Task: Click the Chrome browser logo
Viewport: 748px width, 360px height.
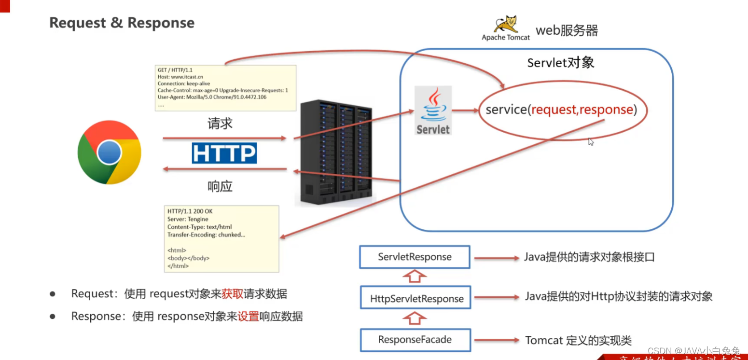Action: pos(110,152)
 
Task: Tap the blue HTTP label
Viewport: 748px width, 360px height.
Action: pos(224,153)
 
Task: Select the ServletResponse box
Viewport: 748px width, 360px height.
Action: pos(415,257)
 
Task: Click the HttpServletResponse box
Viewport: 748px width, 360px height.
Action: pos(416,298)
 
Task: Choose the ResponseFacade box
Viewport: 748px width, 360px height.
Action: pos(415,339)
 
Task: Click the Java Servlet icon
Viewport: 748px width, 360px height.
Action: pos(433,111)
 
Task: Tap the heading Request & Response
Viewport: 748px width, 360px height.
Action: pos(122,23)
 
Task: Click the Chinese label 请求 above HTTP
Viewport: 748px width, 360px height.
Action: pos(220,124)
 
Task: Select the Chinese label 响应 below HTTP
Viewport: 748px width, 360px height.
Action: pos(220,186)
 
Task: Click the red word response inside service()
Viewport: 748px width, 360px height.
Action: pos(606,110)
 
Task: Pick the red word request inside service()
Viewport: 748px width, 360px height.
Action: pos(553,110)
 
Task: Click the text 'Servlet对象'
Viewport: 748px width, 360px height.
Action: pos(560,63)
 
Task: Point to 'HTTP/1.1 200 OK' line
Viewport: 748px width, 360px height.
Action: pos(190,211)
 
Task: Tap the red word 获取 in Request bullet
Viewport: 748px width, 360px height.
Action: pos(233,293)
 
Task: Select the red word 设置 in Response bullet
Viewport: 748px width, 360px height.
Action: pos(248,317)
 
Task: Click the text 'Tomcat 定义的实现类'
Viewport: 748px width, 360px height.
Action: pos(578,340)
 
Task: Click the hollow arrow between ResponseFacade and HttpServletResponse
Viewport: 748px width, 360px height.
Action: pos(415,318)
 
